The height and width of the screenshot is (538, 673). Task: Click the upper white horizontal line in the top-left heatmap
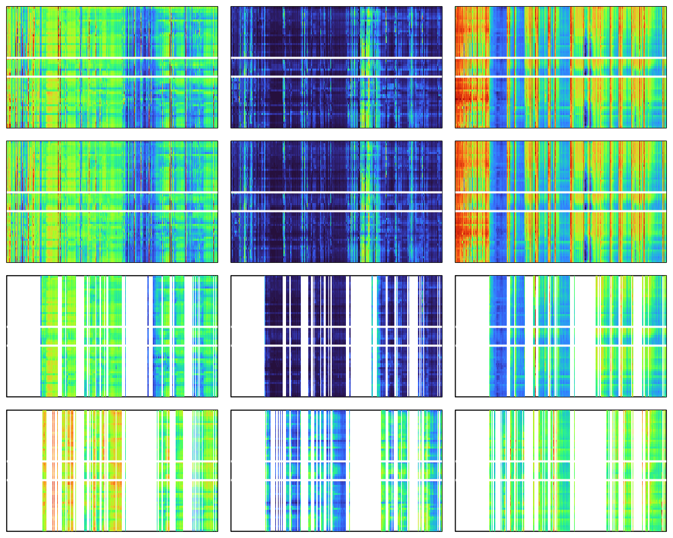pos(112,59)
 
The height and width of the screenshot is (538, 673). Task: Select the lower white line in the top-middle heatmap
pos(336,77)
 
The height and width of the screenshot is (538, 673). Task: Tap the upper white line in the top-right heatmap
pos(560,59)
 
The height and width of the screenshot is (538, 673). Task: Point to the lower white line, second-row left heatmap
pos(112,211)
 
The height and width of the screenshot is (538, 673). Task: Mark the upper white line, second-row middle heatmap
pos(336,193)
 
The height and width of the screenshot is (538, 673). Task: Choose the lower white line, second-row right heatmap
pos(560,211)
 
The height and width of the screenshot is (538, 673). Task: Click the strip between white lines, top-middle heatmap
pos(336,67)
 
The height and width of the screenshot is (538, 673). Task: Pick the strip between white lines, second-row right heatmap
pos(560,202)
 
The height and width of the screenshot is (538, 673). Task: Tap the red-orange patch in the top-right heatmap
pos(471,94)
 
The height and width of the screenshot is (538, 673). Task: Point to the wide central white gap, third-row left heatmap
pos(137,336)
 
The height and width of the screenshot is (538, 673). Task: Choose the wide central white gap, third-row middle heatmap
pos(360,336)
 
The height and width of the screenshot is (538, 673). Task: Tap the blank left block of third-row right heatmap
pos(472,336)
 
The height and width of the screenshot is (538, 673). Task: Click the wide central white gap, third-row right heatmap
pos(583,336)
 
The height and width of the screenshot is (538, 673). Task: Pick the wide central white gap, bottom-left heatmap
pos(141,471)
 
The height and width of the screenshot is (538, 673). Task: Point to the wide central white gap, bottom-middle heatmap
pos(364,471)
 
